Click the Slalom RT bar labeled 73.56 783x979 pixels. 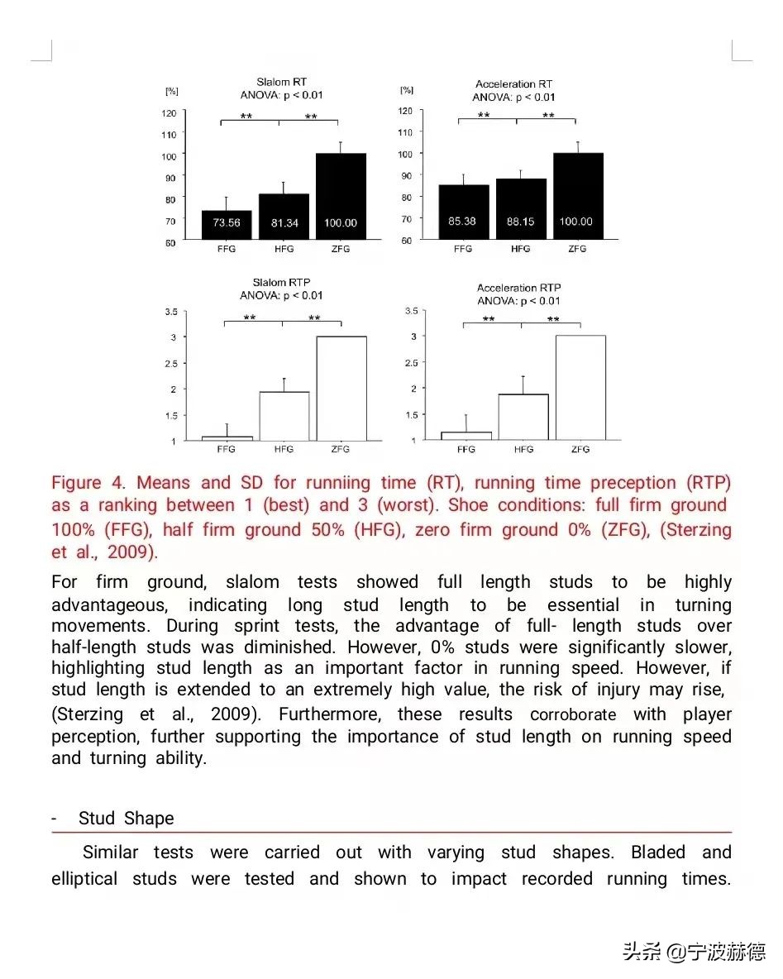(227, 224)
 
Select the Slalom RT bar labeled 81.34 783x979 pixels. (284, 217)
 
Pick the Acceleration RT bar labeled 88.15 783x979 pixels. (521, 209)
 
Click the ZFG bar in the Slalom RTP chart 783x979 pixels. (341, 388)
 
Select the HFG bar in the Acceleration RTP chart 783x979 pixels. (523, 417)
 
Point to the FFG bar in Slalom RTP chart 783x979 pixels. (227, 438)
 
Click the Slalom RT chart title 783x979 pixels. (281, 82)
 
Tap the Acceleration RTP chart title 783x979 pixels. (518, 288)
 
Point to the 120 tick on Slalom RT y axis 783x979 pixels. (169, 112)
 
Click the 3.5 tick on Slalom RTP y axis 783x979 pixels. (171, 312)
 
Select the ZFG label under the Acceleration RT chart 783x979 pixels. (577, 249)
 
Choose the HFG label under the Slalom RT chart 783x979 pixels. (283, 251)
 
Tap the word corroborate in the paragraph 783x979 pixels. (573, 715)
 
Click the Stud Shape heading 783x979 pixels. (126, 819)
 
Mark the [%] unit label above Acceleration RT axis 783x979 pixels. (407, 89)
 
